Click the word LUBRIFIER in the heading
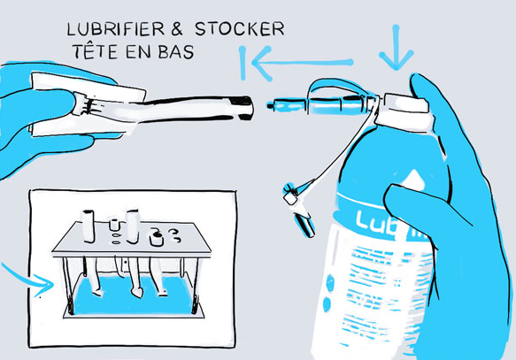tap(111, 29)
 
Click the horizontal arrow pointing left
tap(301, 63)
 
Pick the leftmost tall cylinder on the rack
tap(89, 225)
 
